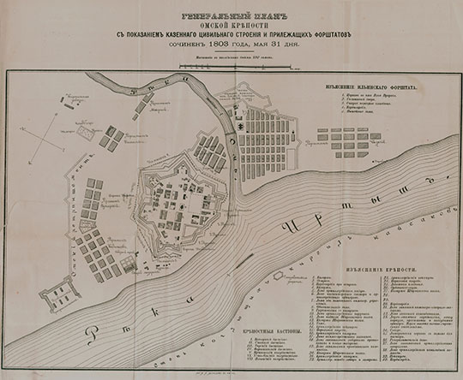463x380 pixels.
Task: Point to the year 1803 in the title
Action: [200, 46]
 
